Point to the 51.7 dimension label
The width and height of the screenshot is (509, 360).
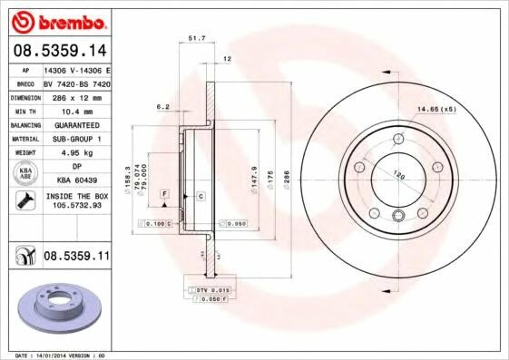point(196,39)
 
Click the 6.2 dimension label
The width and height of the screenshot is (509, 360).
point(163,107)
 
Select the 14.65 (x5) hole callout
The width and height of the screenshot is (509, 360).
point(436,111)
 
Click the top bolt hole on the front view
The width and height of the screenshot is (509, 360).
point(398,140)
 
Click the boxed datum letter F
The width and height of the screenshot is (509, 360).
point(166,194)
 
